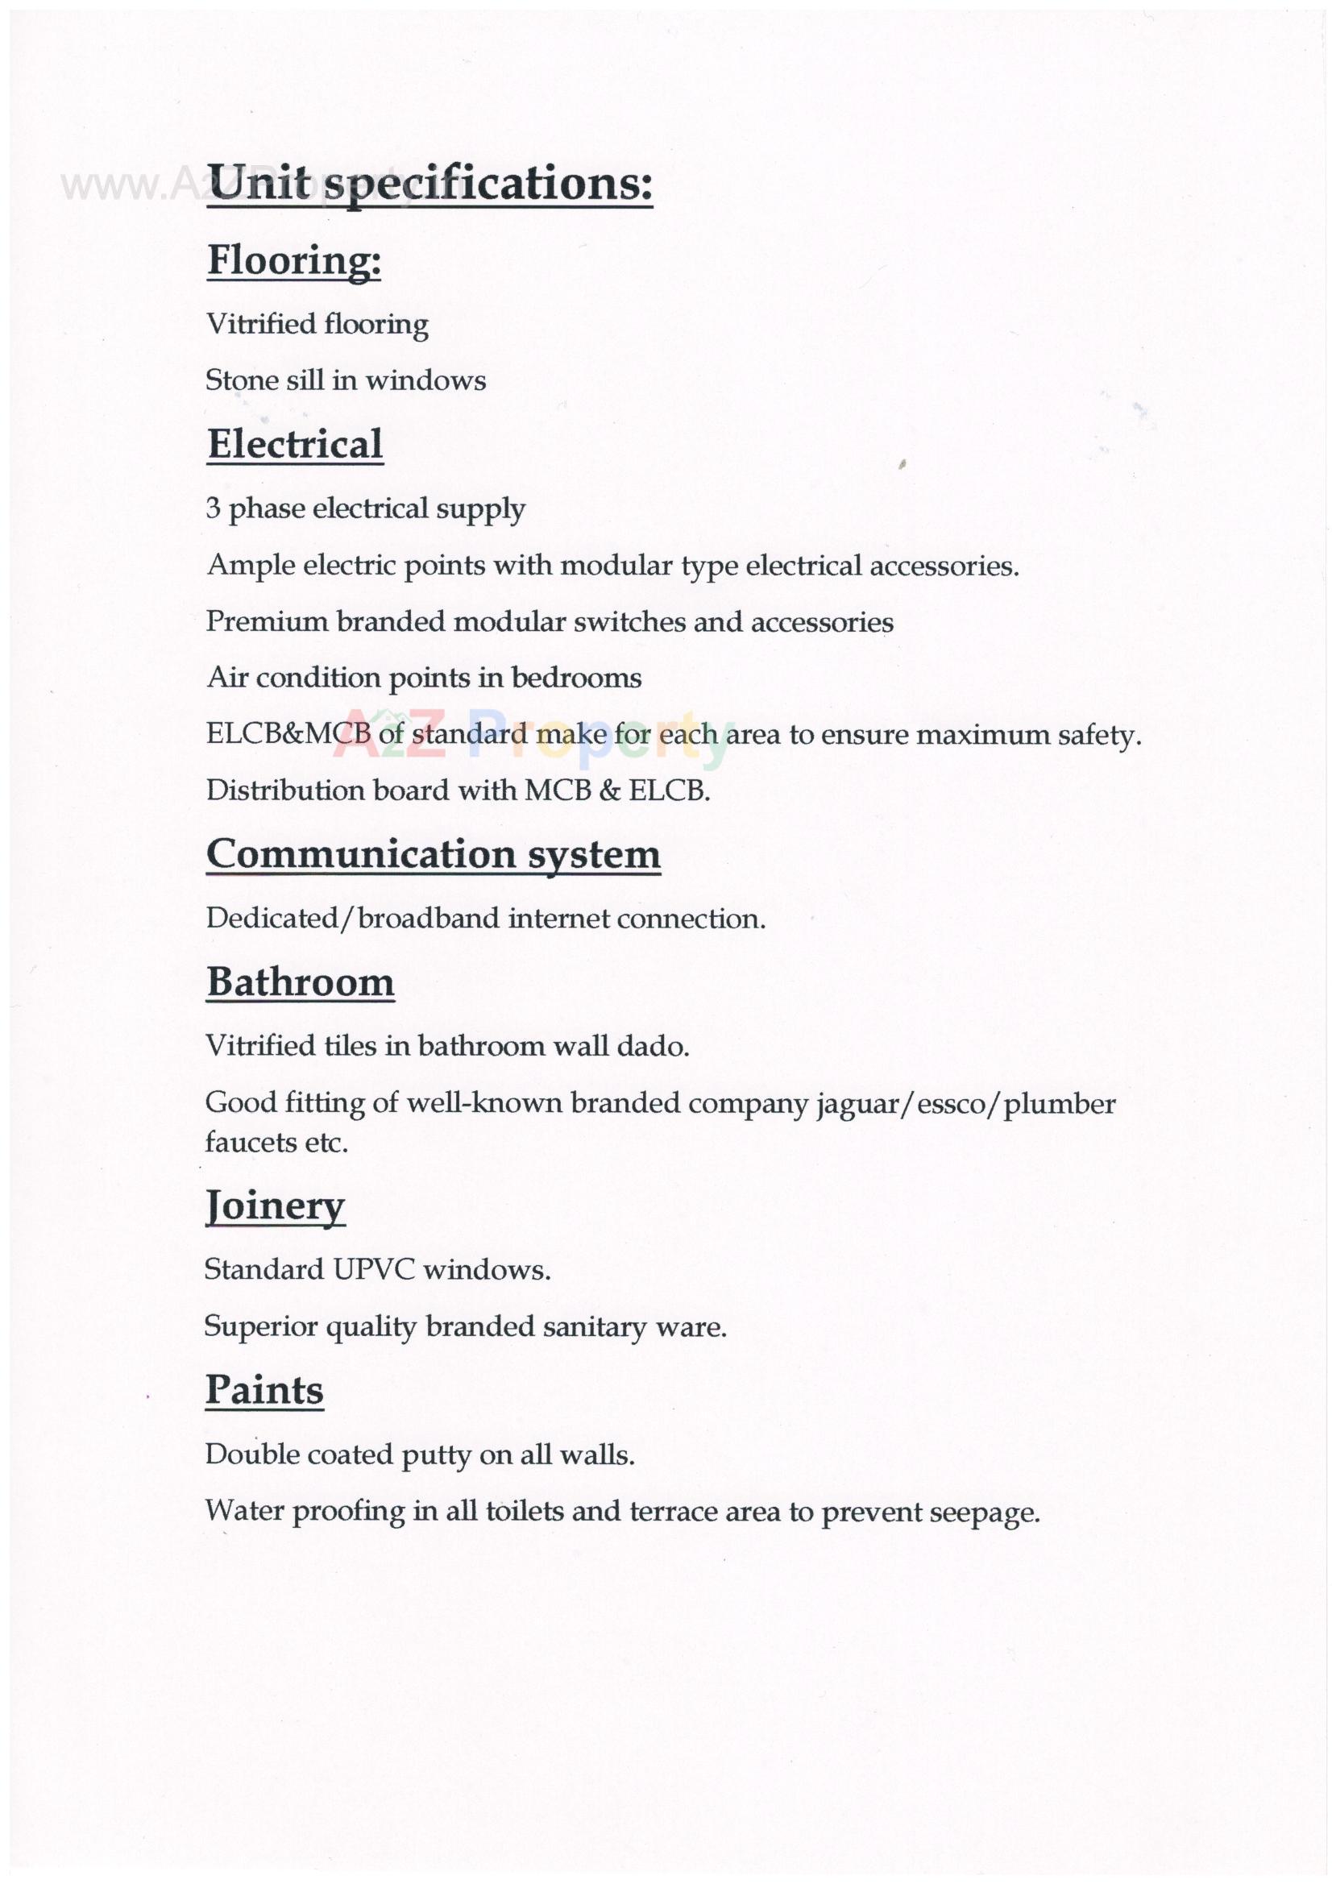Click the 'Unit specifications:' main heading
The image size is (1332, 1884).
[x=429, y=183]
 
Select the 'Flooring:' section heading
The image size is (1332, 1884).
[x=294, y=261]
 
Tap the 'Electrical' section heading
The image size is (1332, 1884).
[x=295, y=445]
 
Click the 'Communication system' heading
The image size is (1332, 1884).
[x=433, y=854]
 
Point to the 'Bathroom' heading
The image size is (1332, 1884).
[x=301, y=982]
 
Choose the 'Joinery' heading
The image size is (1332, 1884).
[x=275, y=1206]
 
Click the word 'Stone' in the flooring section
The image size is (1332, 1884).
[x=236, y=380]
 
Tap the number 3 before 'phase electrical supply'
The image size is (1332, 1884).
[x=214, y=508]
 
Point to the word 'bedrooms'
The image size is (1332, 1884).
[x=576, y=678]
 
